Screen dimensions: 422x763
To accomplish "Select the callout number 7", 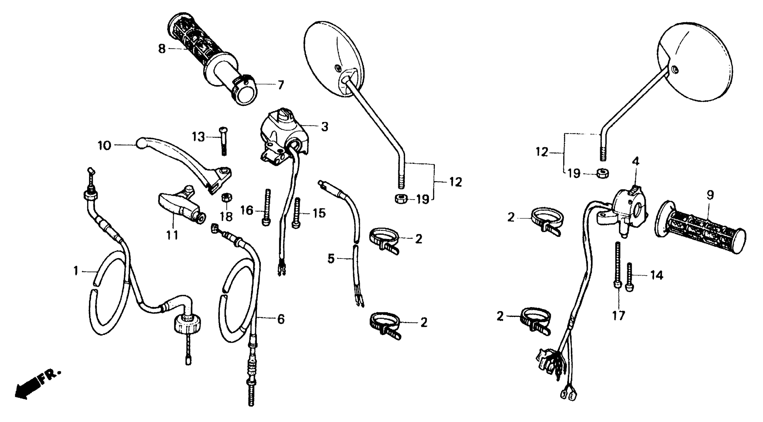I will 280,85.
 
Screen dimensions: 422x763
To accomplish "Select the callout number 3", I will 325,127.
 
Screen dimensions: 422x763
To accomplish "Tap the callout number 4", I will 635,162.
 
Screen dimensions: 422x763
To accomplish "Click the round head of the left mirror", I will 335,59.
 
